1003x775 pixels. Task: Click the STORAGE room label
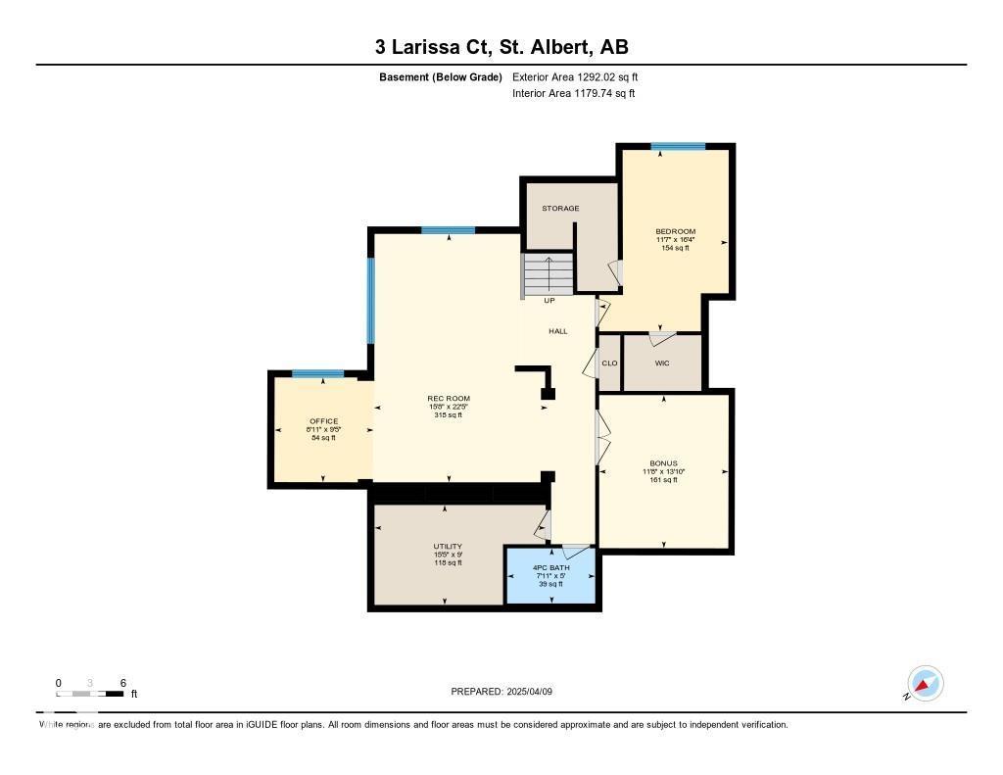pyautogui.click(x=560, y=209)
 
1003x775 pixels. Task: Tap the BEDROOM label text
pyautogui.click(x=675, y=232)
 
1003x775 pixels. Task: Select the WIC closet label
pyautogui.click(x=662, y=363)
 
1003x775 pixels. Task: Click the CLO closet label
pyautogui.click(x=608, y=363)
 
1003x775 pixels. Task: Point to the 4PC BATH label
pyautogui.click(x=550, y=567)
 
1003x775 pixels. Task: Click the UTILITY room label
pyautogui.click(x=448, y=547)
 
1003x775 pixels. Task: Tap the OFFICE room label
pyautogui.click(x=323, y=421)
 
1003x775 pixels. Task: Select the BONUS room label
pyautogui.click(x=663, y=463)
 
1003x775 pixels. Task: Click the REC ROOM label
pyautogui.click(x=448, y=399)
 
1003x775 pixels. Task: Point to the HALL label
pyautogui.click(x=557, y=331)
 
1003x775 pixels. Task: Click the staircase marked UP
pyautogui.click(x=548, y=273)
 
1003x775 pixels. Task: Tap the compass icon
pyautogui.click(x=925, y=683)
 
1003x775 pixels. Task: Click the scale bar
pyautogui.click(x=90, y=694)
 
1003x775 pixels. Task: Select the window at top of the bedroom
pyautogui.click(x=678, y=147)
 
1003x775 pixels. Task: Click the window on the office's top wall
pyautogui.click(x=317, y=373)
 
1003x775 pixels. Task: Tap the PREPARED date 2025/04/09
pyautogui.click(x=507, y=692)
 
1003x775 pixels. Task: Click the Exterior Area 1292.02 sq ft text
pyautogui.click(x=575, y=76)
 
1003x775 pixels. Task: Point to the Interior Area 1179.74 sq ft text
pyautogui.click(x=573, y=94)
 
